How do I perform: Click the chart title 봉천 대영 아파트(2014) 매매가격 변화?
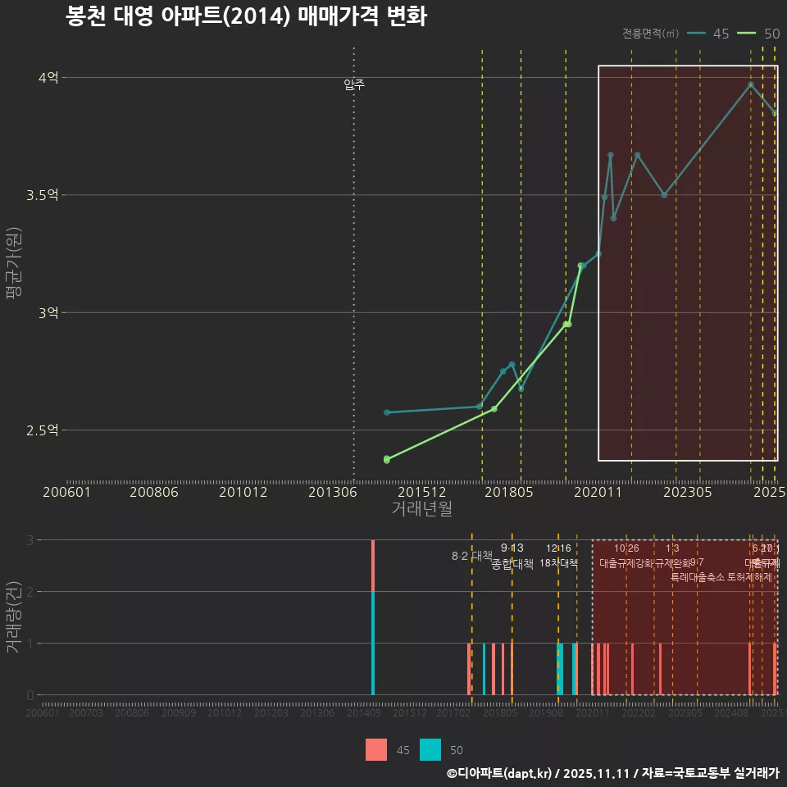[x=246, y=17]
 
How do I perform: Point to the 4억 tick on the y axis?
[x=48, y=78]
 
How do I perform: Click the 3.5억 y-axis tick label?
[x=43, y=195]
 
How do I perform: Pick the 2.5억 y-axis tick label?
[x=43, y=430]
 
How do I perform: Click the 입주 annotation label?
[x=354, y=84]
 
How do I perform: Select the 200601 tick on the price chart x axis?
[x=66, y=492]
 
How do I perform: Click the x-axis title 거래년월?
[x=421, y=508]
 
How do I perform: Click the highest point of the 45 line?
[x=750, y=84]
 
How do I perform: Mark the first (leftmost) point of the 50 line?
[x=387, y=459]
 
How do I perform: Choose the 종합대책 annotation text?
[x=512, y=564]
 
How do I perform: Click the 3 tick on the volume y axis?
[x=30, y=540]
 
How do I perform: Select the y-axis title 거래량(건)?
[x=14, y=616]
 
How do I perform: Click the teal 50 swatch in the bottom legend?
[x=430, y=750]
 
